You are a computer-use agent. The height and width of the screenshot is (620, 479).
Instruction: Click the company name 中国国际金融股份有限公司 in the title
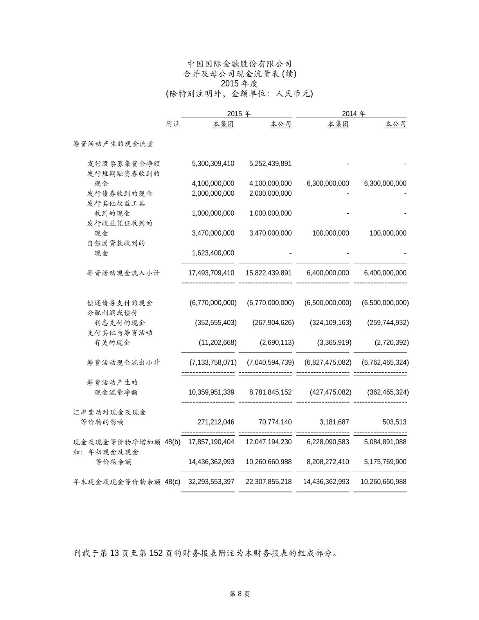click(239, 63)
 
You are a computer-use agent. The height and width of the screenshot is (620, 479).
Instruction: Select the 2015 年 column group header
click(239, 114)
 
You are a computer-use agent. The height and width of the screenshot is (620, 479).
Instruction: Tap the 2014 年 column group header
click(353, 114)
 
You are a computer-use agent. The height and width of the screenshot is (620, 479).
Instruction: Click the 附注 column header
click(173, 124)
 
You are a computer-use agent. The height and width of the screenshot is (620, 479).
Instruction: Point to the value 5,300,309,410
click(213, 164)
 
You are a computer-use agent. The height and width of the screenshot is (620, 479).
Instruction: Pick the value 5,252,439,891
click(270, 164)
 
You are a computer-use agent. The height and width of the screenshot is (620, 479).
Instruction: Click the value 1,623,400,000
click(213, 253)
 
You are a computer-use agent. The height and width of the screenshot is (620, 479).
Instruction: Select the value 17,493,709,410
click(211, 273)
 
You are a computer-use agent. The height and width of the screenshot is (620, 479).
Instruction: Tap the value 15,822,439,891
click(268, 273)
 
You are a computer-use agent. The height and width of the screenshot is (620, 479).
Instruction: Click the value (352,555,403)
click(216, 323)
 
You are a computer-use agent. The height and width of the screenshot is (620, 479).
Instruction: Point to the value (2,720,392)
click(391, 343)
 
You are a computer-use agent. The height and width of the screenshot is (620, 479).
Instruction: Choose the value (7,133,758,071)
click(213, 363)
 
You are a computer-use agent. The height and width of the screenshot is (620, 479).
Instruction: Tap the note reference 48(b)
click(173, 442)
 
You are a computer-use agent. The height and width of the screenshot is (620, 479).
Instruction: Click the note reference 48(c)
click(173, 482)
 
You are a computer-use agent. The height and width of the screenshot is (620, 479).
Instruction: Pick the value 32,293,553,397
click(211, 482)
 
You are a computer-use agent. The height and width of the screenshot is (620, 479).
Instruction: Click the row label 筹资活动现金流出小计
click(123, 363)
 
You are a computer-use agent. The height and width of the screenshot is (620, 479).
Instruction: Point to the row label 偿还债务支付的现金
click(120, 303)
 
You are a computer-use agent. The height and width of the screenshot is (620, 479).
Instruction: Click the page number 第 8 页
click(239, 594)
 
